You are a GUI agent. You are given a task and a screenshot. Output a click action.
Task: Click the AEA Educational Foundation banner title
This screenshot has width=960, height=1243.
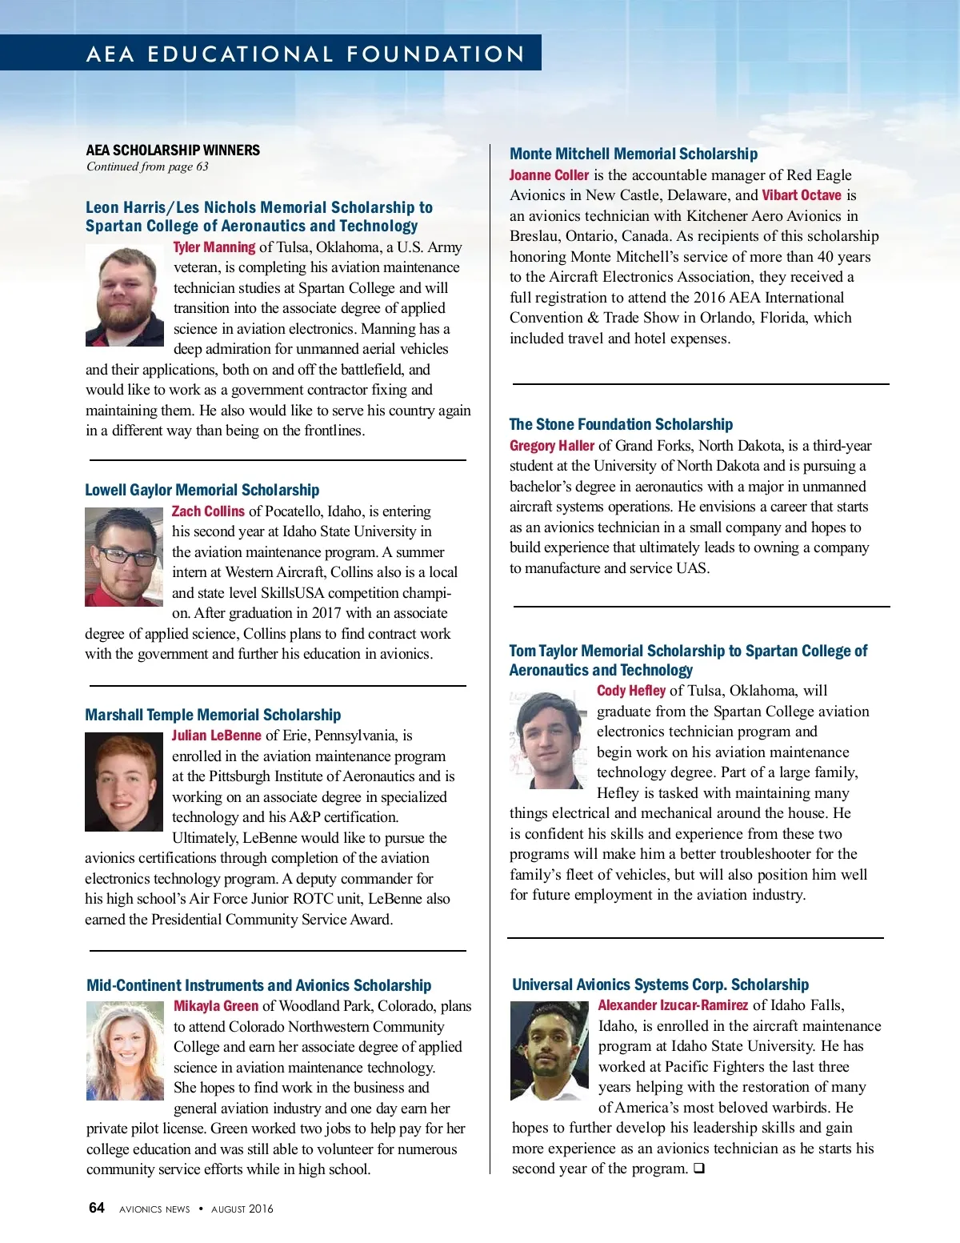pyautogui.click(x=306, y=54)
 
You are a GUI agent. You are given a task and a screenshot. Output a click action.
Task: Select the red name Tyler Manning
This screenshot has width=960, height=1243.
pyautogui.click(x=214, y=247)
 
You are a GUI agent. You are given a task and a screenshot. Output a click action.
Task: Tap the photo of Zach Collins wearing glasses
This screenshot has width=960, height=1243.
pyautogui.click(x=124, y=557)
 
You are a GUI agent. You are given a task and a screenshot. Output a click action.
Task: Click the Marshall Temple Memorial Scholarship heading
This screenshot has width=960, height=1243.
pyautogui.click(x=213, y=715)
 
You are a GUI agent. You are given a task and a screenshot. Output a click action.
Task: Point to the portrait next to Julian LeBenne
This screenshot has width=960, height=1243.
pyautogui.click(x=124, y=782)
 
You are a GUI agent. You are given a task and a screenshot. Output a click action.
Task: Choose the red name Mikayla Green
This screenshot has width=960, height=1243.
pyautogui.click(x=216, y=1006)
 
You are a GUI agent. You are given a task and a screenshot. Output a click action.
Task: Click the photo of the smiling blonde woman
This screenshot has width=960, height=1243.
pyautogui.click(x=125, y=1051)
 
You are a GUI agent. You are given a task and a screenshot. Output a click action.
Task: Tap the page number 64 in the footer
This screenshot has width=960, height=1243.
pyautogui.click(x=97, y=1208)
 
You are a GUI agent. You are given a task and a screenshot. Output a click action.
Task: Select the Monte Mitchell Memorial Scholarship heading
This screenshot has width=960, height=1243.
pyautogui.click(x=633, y=154)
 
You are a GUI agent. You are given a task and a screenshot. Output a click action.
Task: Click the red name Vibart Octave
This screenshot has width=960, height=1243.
pyautogui.click(x=801, y=195)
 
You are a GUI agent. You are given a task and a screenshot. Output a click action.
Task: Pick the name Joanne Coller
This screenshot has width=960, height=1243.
pyautogui.click(x=549, y=175)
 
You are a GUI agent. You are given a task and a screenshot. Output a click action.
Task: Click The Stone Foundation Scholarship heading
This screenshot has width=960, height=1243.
pyautogui.click(x=621, y=424)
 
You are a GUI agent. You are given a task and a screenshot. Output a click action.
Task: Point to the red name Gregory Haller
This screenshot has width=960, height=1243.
pyautogui.click(x=552, y=446)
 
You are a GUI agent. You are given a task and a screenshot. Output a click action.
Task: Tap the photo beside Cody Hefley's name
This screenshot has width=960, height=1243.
pyautogui.click(x=548, y=740)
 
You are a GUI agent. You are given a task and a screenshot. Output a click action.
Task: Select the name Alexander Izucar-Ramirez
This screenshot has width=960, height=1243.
pyautogui.click(x=673, y=1005)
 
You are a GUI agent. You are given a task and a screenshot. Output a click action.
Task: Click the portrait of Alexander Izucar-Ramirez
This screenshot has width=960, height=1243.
pyautogui.click(x=550, y=1051)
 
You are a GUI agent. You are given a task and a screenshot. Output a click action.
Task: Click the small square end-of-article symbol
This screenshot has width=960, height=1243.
pyautogui.click(x=698, y=1169)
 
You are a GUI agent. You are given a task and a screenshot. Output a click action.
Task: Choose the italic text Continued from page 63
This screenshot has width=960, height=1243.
pyautogui.click(x=147, y=166)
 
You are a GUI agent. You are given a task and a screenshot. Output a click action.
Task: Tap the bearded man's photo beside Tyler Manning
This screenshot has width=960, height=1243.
pyautogui.click(x=125, y=295)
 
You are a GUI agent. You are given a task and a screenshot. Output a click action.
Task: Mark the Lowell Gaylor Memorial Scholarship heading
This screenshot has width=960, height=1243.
pyautogui.click(x=202, y=490)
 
